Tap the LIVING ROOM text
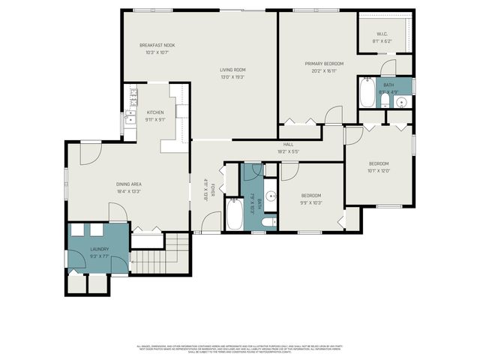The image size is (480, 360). point(232,70)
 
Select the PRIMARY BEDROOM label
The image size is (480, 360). point(323,64)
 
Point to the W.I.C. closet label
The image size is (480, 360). point(381,34)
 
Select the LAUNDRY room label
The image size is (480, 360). point(100,249)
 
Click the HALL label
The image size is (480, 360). point(288,145)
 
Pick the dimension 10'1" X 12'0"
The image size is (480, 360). point(379,170)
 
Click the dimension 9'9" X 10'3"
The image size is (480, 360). point(310,202)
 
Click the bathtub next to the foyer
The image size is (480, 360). point(232,214)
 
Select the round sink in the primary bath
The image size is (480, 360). point(401,103)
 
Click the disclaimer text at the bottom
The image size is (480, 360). point(240,348)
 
